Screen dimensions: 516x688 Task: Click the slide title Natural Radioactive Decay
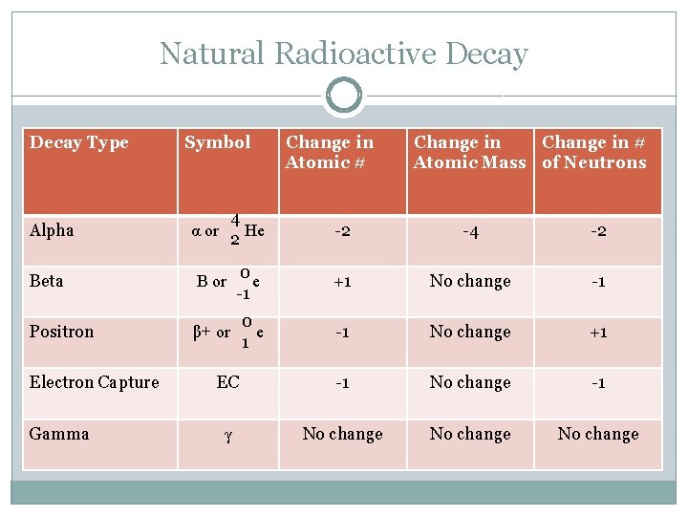[343, 54]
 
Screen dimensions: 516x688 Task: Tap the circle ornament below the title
[343, 96]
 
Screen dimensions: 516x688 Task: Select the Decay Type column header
[78, 142]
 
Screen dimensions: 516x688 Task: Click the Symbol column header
[217, 142]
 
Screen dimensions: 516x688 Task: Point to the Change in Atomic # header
[330, 152]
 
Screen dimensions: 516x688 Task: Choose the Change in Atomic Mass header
[469, 152]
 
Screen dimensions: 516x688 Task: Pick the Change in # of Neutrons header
[594, 152]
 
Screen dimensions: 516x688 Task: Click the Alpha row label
[52, 230]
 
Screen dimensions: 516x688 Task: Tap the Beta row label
[46, 281]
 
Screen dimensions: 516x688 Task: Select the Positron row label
[61, 332]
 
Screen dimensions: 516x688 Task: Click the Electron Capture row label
[94, 382]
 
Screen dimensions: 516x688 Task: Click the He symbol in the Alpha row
[254, 230]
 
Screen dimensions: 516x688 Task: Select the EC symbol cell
[227, 382]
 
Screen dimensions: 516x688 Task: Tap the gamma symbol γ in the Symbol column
[227, 435]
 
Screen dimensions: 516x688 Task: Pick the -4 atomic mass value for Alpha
[470, 231]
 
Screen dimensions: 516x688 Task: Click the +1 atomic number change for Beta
[342, 282]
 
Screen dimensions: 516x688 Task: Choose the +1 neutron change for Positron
[598, 333]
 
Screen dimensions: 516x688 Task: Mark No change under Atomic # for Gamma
[342, 434]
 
